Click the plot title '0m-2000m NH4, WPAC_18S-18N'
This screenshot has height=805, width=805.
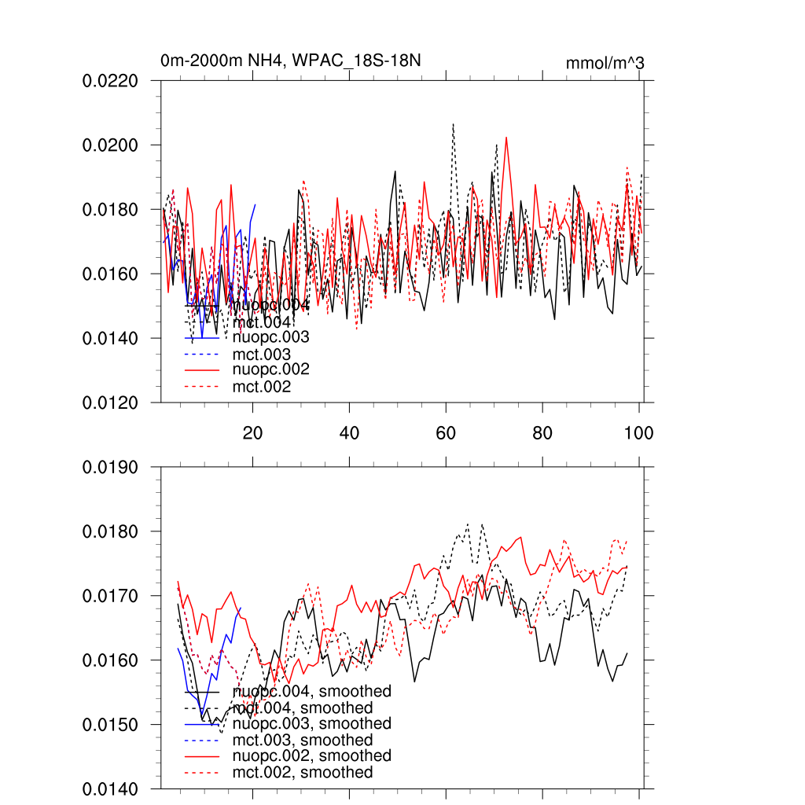(295, 61)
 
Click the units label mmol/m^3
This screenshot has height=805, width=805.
(605, 64)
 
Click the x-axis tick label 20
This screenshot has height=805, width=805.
(252, 432)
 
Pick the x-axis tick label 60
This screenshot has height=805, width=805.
(446, 432)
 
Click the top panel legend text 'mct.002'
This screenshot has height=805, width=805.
(262, 387)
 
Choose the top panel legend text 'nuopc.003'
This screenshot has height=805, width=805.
(271, 338)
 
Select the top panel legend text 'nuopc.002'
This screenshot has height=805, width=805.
(271, 369)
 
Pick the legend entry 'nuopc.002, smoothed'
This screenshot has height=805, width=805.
(312, 756)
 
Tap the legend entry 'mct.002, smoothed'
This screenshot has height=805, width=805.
(303, 773)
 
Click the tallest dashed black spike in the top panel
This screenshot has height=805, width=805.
(453, 124)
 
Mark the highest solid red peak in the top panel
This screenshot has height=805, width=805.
(506, 138)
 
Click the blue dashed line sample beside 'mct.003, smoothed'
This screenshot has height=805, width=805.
(201, 741)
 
